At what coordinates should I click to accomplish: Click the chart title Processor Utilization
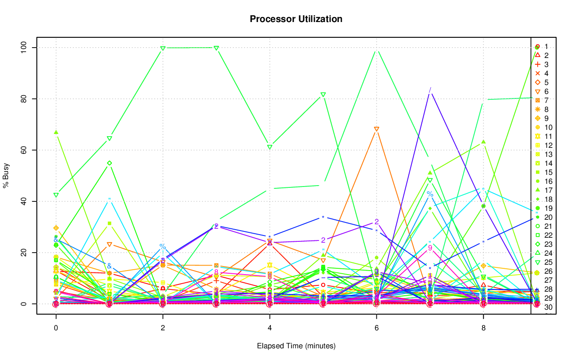[x=296, y=19]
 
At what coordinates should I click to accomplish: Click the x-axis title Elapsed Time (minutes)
[x=296, y=346]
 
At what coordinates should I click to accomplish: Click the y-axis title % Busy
[x=7, y=176]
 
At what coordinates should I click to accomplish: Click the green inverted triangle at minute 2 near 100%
[x=163, y=48]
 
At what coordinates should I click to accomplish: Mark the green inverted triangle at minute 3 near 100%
[x=216, y=48]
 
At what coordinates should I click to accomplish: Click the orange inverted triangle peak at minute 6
[x=376, y=129]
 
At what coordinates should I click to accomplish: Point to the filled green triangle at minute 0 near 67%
[x=56, y=132]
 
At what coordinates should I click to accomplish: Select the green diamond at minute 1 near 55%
[x=109, y=163]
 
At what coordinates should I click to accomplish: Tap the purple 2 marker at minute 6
[x=376, y=222]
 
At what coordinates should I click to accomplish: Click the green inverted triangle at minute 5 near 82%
[x=323, y=95]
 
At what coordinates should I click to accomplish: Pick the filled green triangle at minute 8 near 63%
[x=483, y=142]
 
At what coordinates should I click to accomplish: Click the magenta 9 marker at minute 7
[x=430, y=248]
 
